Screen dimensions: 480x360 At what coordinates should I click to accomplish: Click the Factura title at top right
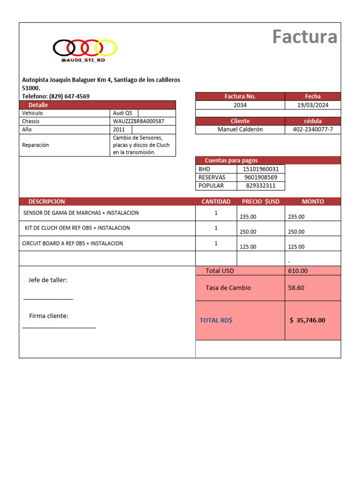pos(305,37)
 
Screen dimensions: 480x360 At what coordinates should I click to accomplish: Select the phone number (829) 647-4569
pos(69,96)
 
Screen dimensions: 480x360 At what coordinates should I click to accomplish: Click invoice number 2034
pos(240,105)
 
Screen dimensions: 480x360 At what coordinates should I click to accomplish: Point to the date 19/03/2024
pos(313,105)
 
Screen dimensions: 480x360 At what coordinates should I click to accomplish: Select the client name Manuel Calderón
pos(240,129)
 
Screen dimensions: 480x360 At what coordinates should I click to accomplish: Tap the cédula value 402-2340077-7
pos(313,129)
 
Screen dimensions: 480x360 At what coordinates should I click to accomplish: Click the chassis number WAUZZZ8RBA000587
pos(139,121)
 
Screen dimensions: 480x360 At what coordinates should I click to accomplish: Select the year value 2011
pos(119,129)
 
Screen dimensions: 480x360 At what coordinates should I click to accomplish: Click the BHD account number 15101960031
pos(261,169)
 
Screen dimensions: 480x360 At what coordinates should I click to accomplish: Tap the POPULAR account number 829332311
pos(261,186)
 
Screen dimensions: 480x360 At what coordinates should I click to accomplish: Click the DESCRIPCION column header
pos(47,202)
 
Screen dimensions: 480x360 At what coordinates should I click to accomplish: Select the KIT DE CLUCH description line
pos(77,228)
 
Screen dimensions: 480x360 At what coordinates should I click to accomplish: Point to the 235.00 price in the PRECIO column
pos(248,217)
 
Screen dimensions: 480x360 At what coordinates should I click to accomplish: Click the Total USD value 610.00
pos(298,271)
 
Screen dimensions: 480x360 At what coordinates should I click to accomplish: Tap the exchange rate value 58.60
pos(296,288)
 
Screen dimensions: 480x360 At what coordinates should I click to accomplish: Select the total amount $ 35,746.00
pos(307,321)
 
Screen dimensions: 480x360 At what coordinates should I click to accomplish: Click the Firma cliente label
pos(49,316)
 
